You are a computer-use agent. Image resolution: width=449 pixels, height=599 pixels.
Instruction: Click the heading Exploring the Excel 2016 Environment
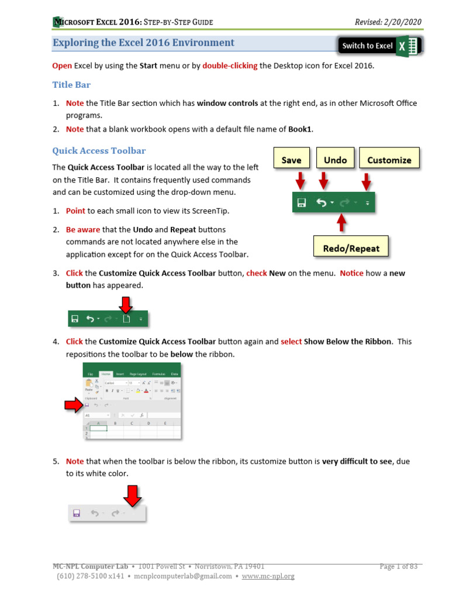[143, 43]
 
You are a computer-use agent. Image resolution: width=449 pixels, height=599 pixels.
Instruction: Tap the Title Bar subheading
[71, 85]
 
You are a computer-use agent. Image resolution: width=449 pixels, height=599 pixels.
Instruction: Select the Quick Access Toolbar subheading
[99, 151]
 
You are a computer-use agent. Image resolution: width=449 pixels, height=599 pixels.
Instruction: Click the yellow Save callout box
[291, 160]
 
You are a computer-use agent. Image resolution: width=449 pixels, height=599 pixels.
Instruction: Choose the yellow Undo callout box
[335, 160]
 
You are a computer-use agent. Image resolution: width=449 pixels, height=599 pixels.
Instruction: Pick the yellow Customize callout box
[389, 160]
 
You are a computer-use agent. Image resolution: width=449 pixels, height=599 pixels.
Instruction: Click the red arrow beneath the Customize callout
[366, 182]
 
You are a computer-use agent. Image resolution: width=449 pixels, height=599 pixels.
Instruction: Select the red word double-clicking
[230, 66]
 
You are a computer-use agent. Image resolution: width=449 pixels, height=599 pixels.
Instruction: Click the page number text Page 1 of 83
[399, 566]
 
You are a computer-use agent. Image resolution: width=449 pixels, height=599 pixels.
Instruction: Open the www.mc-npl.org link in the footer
[268, 576]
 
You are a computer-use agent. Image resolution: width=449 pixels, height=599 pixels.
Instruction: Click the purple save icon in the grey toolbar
[76, 513]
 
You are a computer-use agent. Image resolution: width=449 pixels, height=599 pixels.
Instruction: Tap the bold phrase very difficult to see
[357, 461]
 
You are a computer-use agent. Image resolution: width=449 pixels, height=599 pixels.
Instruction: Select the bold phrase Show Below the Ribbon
[347, 342]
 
